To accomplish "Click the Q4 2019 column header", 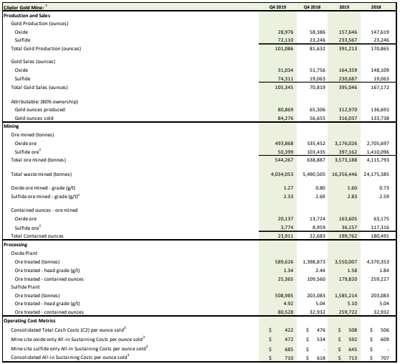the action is [x=277, y=7].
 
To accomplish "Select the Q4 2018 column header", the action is [x=312, y=7].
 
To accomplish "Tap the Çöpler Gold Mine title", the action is [x=24, y=7].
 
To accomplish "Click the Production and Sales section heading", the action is [x=27, y=16].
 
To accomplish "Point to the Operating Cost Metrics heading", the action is [x=29, y=321].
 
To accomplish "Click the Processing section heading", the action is [x=15, y=244].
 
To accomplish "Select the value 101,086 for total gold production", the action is [x=284, y=49].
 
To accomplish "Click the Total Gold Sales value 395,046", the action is [x=348, y=88].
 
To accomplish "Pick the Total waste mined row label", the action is [x=42, y=174].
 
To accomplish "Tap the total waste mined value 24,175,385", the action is [x=376, y=174].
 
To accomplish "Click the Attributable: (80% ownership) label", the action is [x=44, y=102].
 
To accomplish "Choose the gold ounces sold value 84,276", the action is [x=285, y=118].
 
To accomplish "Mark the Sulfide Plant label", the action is [x=25, y=287].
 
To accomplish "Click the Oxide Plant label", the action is [x=24, y=253].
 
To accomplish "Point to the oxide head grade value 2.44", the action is [x=320, y=270].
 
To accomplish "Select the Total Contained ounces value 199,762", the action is [x=348, y=235].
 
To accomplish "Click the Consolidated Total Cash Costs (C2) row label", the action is [x=68, y=330].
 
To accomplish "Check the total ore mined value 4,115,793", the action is [x=378, y=160].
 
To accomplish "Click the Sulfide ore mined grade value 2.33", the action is [x=288, y=197].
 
